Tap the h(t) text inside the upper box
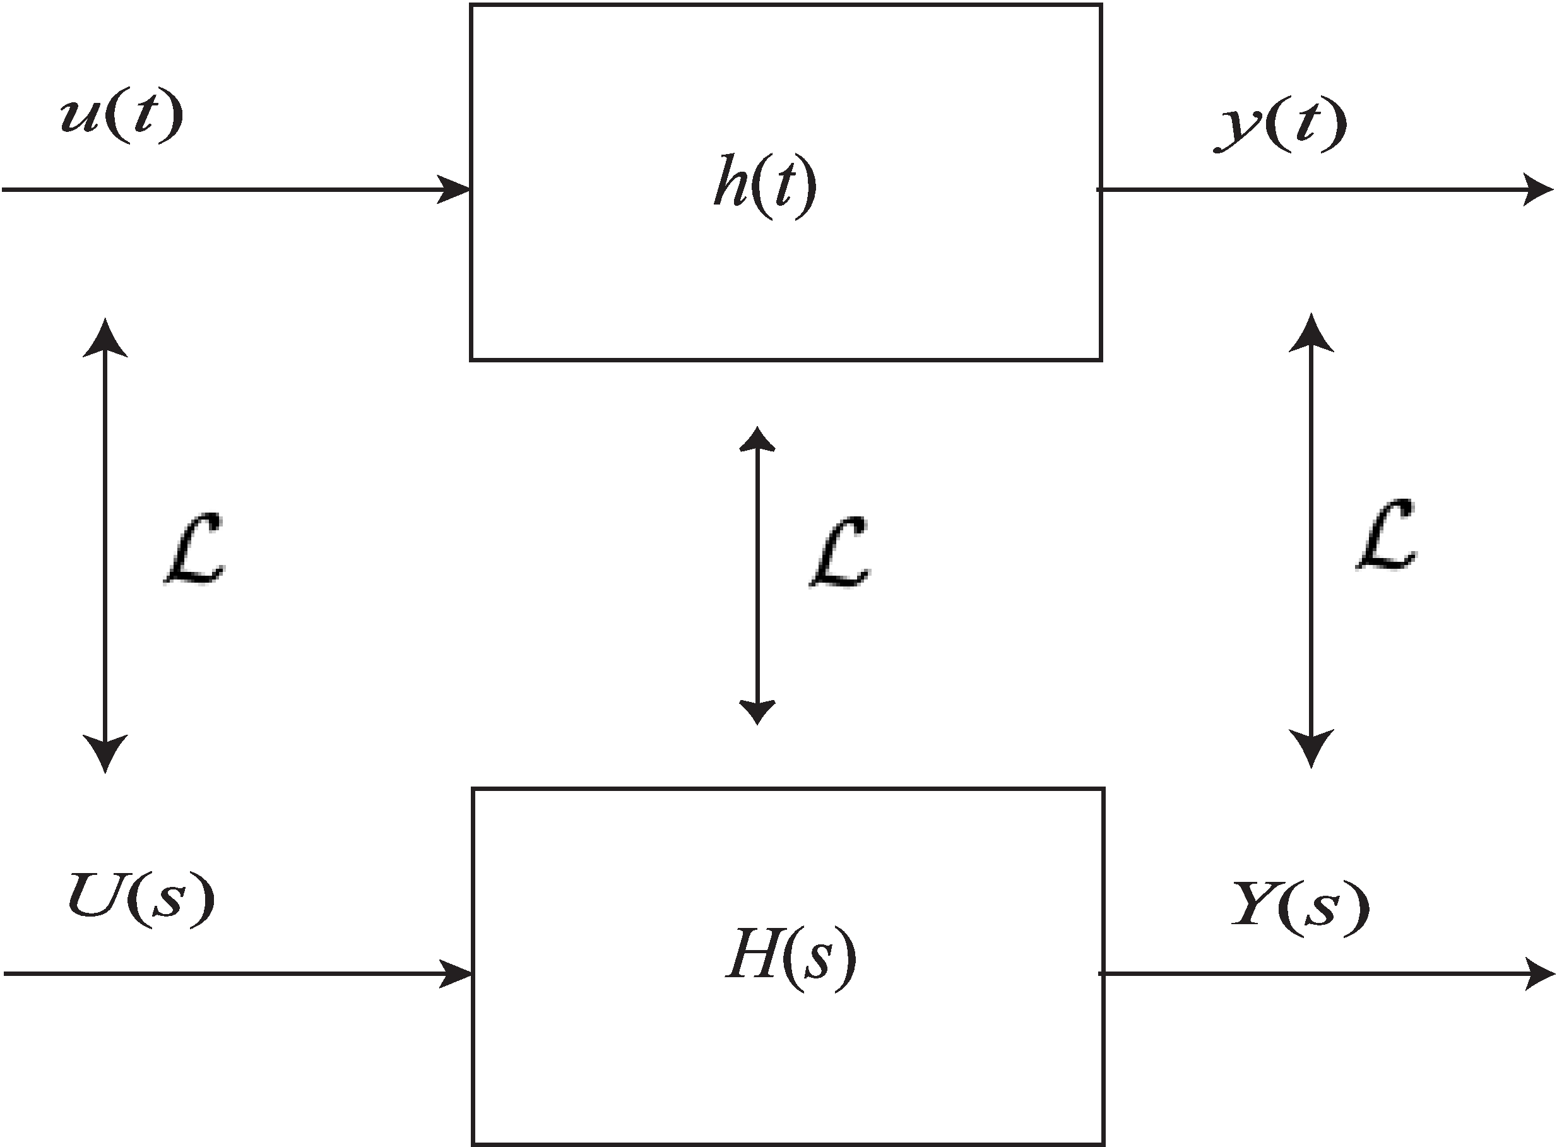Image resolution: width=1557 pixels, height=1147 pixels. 765,186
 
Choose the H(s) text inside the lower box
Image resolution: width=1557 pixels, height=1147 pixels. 791,958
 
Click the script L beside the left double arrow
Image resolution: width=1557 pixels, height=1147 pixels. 195,549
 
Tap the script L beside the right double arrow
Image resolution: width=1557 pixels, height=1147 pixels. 1386,535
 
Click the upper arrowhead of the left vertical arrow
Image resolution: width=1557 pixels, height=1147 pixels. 105,338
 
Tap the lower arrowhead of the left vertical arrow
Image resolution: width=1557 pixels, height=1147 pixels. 105,752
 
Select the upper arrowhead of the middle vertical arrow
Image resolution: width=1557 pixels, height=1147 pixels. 757,439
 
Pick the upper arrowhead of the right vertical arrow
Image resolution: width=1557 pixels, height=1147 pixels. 1311,333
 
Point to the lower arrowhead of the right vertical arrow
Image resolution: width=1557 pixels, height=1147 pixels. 1311,748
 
